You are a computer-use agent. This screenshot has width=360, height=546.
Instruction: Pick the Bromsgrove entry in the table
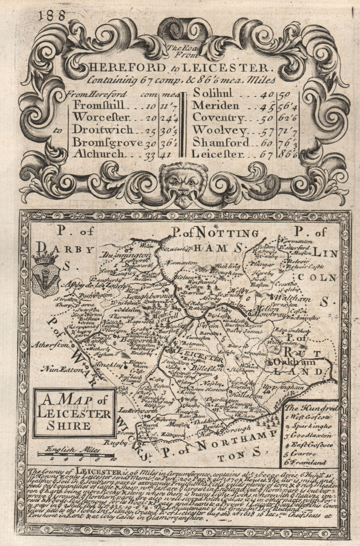click(107, 143)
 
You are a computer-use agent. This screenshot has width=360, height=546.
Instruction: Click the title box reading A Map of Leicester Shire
click(75, 413)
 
